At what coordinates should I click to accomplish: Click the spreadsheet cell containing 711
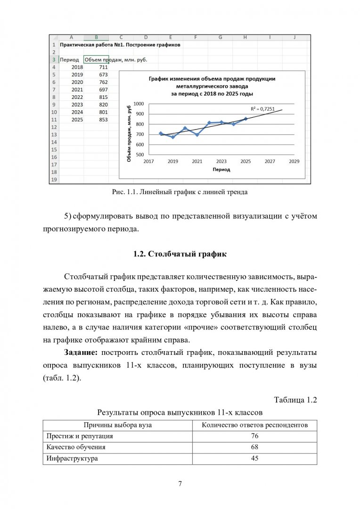pyautogui.click(x=103, y=67)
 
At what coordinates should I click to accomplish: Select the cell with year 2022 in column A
pyautogui.click(x=77, y=97)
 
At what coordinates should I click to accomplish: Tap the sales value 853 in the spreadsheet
pyautogui.click(x=103, y=120)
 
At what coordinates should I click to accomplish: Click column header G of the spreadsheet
pyautogui.click(x=220, y=37)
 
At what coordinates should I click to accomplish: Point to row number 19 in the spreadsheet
pyautogui.click(x=53, y=180)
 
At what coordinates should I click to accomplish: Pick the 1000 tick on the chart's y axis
pyautogui.click(x=139, y=103)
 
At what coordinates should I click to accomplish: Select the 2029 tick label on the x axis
pyautogui.click(x=294, y=161)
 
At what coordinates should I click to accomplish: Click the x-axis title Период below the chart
pyautogui.click(x=221, y=169)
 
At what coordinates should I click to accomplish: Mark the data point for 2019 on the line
pyautogui.click(x=173, y=137)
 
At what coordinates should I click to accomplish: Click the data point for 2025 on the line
pyautogui.click(x=245, y=119)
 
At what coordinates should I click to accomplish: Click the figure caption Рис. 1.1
pyautogui.click(x=180, y=192)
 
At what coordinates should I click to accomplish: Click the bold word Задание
pyautogui.click(x=81, y=353)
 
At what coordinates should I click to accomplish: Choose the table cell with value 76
pyautogui.click(x=255, y=436)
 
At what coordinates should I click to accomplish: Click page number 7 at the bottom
pyautogui.click(x=180, y=484)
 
